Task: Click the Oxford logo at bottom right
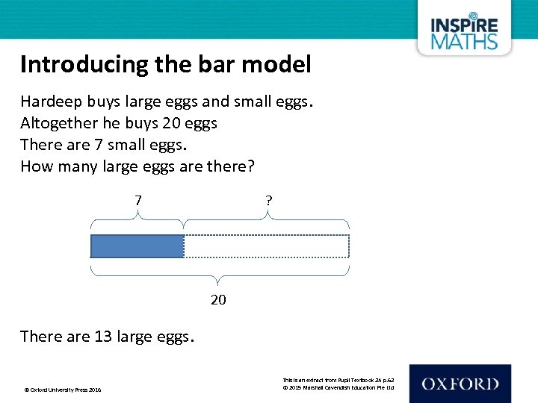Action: [460, 384]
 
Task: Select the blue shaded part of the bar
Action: [137, 246]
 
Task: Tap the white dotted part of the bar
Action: [266, 246]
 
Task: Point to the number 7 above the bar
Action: [137, 201]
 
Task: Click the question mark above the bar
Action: [268, 201]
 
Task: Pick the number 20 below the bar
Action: [218, 299]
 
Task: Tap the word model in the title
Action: [282, 65]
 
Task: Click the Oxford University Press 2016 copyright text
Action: [63, 390]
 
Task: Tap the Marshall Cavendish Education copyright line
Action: [338, 388]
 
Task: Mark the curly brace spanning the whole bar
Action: [219, 272]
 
